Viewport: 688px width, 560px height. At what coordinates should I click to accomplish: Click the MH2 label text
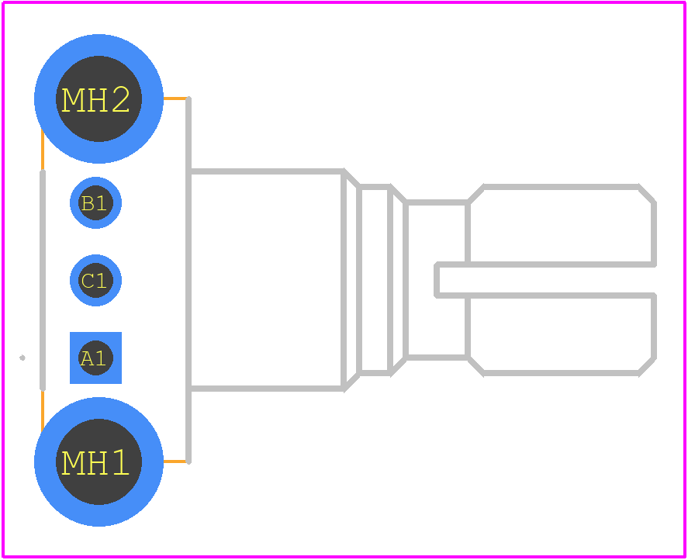pyautogui.click(x=95, y=99)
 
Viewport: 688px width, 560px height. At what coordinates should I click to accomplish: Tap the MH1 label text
pyautogui.click(x=95, y=462)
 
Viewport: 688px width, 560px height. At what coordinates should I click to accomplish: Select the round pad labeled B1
pyautogui.click(x=95, y=202)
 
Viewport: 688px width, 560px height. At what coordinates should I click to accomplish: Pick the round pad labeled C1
pyautogui.click(x=95, y=281)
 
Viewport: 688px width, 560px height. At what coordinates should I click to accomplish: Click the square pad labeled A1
pyautogui.click(x=95, y=358)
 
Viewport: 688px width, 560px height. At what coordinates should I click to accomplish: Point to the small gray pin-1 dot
pyautogui.click(x=22, y=358)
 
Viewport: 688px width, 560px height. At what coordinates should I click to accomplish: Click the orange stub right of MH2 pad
pyautogui.click(x=175, y=99)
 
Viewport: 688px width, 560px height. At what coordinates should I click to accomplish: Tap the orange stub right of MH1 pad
pyautogui.click(x=175, y=461)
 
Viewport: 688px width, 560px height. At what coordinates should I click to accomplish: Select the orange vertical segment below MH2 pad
pyautogui.click(x=43, y=149)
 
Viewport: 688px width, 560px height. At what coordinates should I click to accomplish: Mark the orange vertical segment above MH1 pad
pyautogui.click(x=43, y=411)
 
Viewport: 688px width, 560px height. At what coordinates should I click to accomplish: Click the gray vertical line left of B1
pyautogui.click(x=43, y=280)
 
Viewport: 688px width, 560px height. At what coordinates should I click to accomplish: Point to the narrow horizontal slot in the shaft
pyautogui.click(x=545, y=280)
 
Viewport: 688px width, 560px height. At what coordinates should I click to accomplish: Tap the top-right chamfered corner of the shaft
pyautogui.click(x=647, y=195)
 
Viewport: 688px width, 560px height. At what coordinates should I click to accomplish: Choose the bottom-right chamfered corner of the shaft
pyautogui.click(x=647, y=366)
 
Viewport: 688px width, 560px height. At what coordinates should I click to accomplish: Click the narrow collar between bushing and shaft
pyautogui.click(x=375, y=280)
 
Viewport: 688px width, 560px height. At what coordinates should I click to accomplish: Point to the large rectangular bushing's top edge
pyautogui.click(x=266, y=171)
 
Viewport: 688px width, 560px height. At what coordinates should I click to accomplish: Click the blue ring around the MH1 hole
pyautogui.click(x=99, y=516)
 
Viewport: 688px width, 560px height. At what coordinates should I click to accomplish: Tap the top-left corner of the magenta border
pyautogui.click(x=2, y=2)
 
